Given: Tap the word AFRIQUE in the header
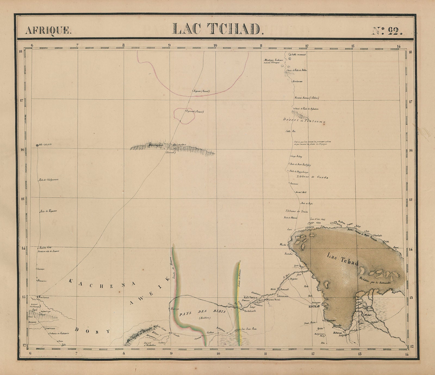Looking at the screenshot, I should (48, 30).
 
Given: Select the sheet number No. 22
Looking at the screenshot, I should (387, 30).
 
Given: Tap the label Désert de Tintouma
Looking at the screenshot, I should (304, 120).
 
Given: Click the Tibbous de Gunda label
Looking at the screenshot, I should (312, 177).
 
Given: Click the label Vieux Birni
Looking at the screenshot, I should (274, 299).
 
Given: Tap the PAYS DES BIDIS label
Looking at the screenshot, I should (203, 312).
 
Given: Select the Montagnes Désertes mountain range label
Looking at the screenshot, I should (163, 145).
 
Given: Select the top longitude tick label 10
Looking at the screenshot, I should (215, 46).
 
